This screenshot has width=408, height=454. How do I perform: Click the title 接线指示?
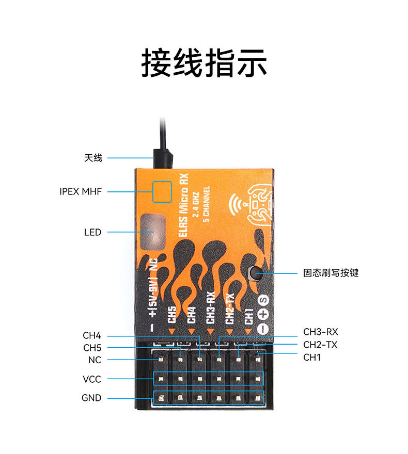(x=204, y=63)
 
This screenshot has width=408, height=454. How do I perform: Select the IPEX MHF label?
(x=81, y=191)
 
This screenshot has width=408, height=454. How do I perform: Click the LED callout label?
(x=92, y=232)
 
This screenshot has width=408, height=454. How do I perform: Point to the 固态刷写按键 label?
(x=331, y=273)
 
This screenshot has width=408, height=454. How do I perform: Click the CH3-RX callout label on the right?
(x=320, y=332)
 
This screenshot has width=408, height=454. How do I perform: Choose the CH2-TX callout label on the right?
(x=320, y=345)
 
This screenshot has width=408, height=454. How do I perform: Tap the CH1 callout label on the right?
(x=312, y=357)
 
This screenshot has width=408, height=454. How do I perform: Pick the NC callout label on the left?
(x=95, y=360)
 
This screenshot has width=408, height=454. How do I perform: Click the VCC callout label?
(x=92, y=379)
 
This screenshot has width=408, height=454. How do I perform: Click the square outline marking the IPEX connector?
(x=162, y=191)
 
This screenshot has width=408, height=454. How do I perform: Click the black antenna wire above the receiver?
(x=162, y=142)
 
